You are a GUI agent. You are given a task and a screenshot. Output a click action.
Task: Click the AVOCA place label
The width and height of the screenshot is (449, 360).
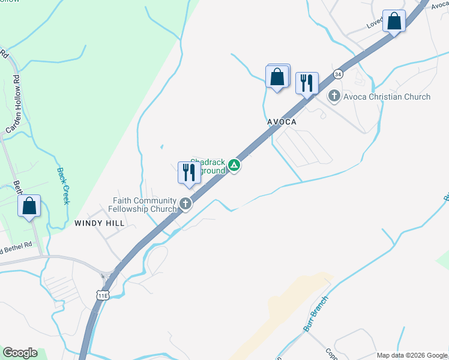282,121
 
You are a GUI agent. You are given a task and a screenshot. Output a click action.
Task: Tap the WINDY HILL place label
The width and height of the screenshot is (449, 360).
99,223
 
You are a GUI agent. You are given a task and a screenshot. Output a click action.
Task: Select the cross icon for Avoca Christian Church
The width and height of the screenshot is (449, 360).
334,96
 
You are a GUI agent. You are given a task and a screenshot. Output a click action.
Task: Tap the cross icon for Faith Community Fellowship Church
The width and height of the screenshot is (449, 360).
186,204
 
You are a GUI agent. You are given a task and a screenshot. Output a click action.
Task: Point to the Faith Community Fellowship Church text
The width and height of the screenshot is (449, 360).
144,205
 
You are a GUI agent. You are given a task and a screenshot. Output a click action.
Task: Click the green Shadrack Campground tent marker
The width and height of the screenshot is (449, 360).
234,166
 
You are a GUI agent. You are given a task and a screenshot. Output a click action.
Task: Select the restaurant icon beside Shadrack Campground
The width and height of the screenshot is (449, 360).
189,173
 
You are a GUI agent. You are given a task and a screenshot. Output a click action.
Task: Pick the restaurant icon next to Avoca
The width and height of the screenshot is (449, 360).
307,83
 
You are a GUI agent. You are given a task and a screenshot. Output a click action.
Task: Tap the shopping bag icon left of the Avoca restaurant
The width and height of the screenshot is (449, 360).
277,77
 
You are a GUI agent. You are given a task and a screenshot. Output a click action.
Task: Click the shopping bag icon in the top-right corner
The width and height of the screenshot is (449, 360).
394,22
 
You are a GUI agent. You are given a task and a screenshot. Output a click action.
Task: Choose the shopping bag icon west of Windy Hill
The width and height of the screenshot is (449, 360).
29,206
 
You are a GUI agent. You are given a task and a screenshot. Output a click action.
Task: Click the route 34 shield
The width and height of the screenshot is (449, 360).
339,74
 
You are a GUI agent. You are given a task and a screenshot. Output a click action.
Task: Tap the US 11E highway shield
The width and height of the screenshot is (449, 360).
103,295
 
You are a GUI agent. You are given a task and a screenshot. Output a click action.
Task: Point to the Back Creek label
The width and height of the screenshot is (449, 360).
63,185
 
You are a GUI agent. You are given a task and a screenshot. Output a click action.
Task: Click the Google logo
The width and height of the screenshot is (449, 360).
20,353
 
